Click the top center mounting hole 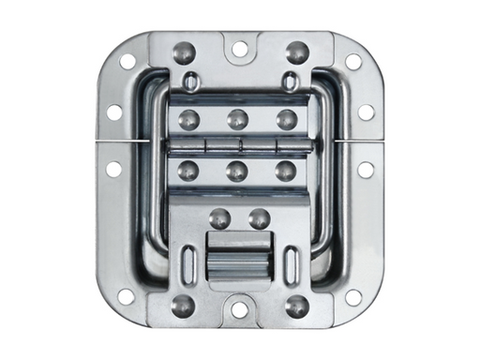pos(240,48)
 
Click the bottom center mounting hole pos(240,308)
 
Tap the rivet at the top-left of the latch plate pos(185,52)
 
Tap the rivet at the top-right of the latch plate pos(297,52)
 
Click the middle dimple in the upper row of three pos(238,119)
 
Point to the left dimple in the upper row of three pos(189,119)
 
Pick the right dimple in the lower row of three pos(287,171)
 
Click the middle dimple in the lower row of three pos(238,171)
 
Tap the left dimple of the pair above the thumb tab pos(221,218)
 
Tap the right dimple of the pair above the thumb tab pos(260,218)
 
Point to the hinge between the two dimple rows pos(240,144)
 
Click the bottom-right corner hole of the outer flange pos(353,297)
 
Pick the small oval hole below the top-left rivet pos(190,83)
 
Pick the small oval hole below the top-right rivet pos(291,83)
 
